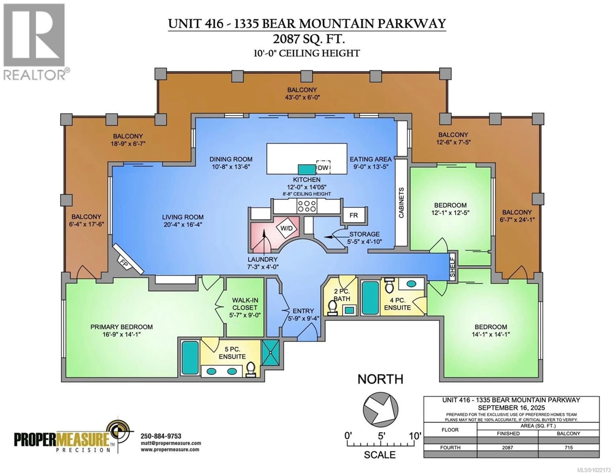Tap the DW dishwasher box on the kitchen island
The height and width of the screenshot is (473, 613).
323,168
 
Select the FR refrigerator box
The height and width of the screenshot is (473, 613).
353,215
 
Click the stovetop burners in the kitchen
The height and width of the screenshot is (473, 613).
307,206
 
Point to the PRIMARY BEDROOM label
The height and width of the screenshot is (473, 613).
121,327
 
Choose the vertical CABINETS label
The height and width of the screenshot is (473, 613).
401,203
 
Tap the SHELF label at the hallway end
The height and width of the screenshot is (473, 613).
452,268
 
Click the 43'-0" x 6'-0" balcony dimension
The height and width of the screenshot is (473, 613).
302,97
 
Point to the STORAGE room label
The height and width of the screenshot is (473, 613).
364,234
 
